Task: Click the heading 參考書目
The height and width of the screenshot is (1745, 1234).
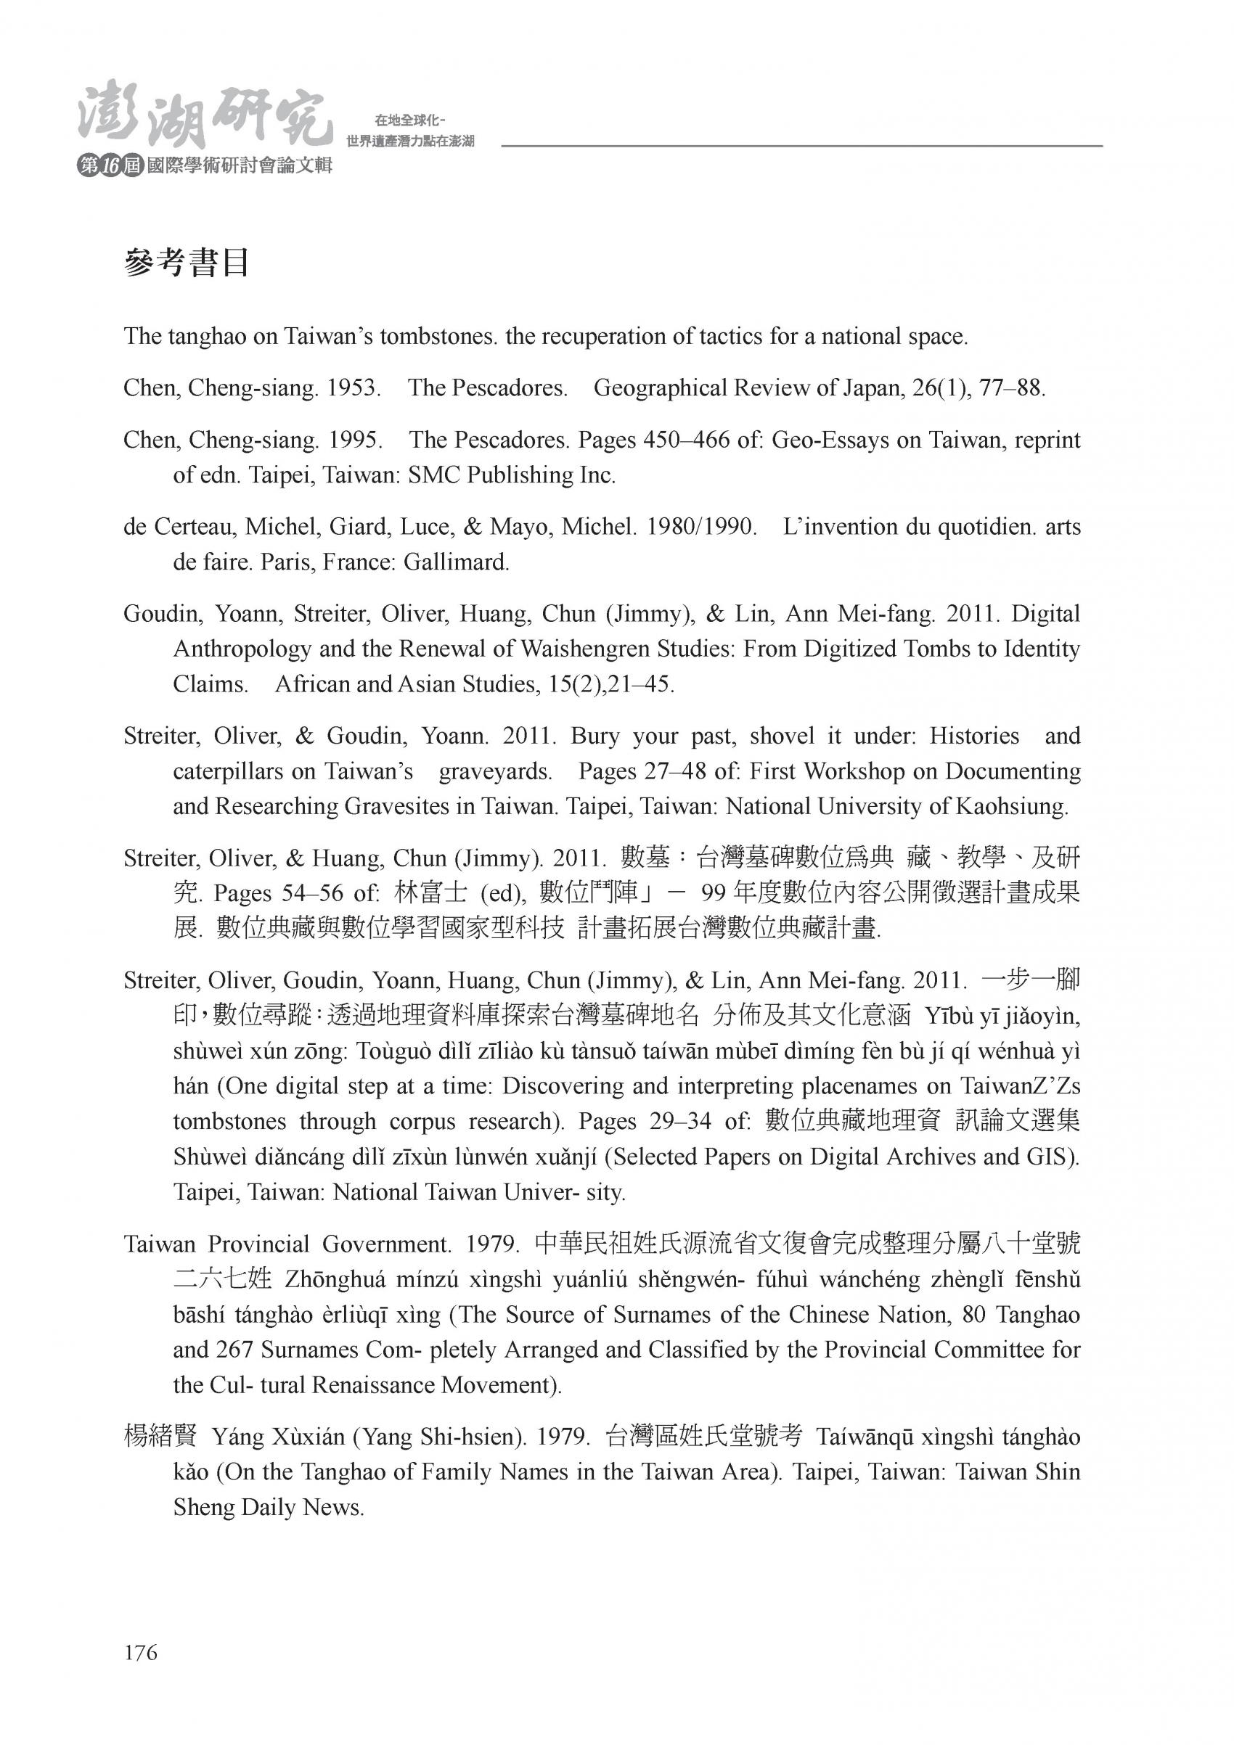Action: pyautogui.click(x=187, y=263)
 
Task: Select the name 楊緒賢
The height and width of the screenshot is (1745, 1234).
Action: pyautogui.click(x=160, y=1437)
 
